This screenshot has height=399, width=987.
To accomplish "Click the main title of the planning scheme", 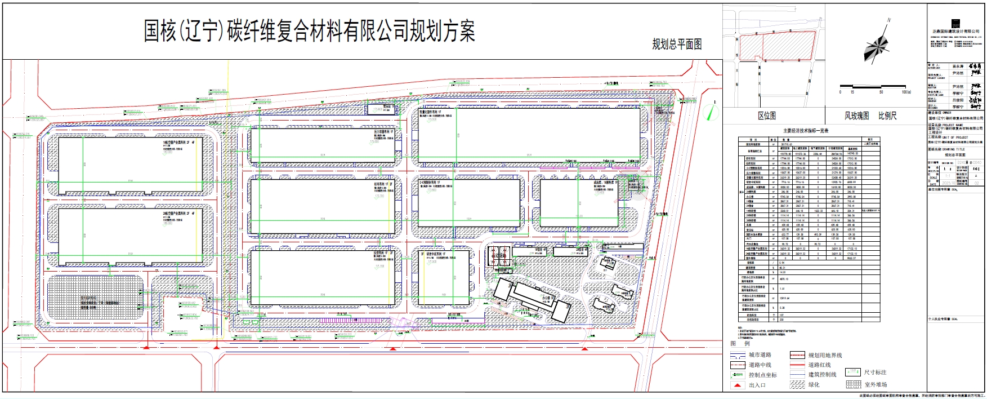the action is pos(309,32).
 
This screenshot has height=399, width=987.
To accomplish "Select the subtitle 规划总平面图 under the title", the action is pos(677,45).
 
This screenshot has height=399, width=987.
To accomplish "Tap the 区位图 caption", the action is pos(766,116).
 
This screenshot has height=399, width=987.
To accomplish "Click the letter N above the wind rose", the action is pos(889,20).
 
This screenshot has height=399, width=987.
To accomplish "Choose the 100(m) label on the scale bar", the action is pos(906,92).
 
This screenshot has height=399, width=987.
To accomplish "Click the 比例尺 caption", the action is pos(887,116).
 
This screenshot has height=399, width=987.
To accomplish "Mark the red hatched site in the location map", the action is pos(777,46).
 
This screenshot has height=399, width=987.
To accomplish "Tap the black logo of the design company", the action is pos(955,24).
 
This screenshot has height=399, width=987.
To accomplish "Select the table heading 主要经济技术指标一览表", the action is pos(806,131).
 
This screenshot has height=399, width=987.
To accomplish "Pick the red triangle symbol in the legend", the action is pos(737,385).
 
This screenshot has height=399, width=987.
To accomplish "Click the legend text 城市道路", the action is pos(760,355).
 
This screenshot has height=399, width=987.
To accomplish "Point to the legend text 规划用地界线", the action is pos(825,355).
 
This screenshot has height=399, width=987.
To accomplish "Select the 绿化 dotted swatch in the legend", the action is pos(797,384).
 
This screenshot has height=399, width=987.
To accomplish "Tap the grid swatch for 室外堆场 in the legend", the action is pos(853,384).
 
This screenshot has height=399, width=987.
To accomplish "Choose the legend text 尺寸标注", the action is pos(875,373).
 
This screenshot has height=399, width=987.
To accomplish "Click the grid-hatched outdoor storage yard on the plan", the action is pos(95,299).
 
